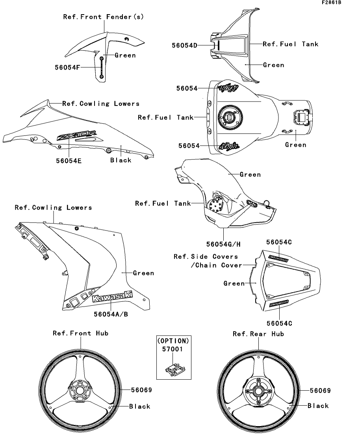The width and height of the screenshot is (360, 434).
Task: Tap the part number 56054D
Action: (184, 45)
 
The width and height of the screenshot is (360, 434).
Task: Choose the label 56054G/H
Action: (224, 244)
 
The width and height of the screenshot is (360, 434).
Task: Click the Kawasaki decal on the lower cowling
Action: (112, 297)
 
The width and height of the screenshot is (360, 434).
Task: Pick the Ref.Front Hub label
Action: (81, 333)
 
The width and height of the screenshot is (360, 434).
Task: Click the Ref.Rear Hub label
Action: (258, 334)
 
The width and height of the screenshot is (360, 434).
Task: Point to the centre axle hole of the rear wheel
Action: (259, 391)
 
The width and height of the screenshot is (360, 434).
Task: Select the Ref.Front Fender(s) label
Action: (104, 17)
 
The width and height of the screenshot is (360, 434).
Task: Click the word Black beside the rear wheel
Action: (318, 406)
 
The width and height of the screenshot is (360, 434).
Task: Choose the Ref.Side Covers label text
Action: (206, 257)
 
